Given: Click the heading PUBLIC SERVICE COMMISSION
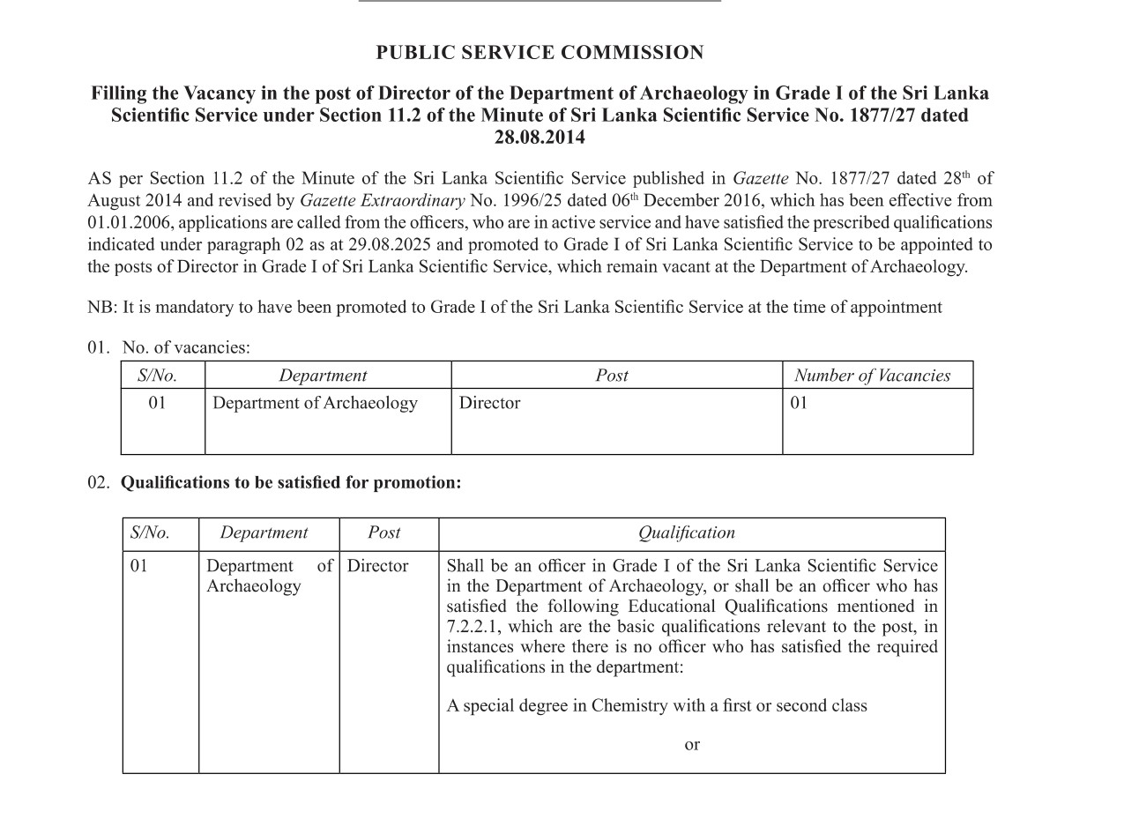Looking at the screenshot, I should coord(540,53).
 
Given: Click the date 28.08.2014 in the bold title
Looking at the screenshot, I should coord(540,138).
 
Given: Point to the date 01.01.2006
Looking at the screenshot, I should coord(129,223).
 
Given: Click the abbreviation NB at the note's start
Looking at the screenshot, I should coord(100,308).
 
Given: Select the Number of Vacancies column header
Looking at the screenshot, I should coord(872,376).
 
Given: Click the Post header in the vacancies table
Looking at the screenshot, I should coord(612,376).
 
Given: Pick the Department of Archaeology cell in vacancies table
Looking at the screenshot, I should coord(315,403).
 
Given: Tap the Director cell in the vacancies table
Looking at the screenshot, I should coord(489,403).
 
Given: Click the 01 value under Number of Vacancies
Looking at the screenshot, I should coord(799,403).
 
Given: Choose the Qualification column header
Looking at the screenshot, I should coord(686,532).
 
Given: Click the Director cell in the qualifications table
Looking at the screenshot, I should coord(377,566).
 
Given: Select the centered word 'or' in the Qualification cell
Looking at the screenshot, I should coord(692,745).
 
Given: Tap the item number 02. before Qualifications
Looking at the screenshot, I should coord(99,483).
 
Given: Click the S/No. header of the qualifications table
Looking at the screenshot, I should coord(150,532).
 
